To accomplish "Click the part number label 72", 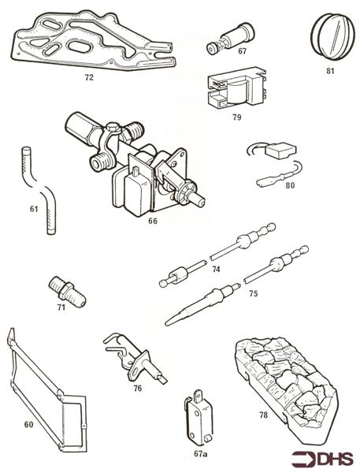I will pos(89,79).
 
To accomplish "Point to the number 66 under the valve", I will pos(153,222).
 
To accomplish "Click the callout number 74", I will pos(216,269).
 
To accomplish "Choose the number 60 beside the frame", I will pos(28,425).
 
